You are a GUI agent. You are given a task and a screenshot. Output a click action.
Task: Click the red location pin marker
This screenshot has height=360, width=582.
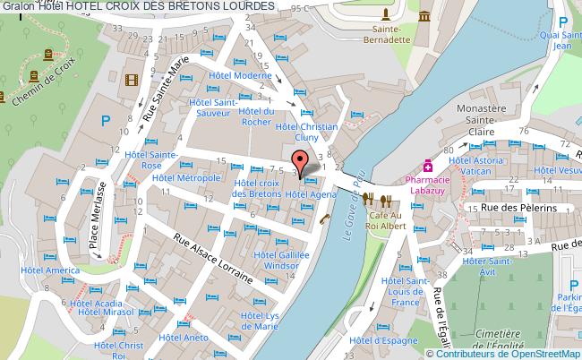click(301, 162)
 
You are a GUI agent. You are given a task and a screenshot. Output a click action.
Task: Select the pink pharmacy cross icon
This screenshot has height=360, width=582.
click(429, 166)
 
